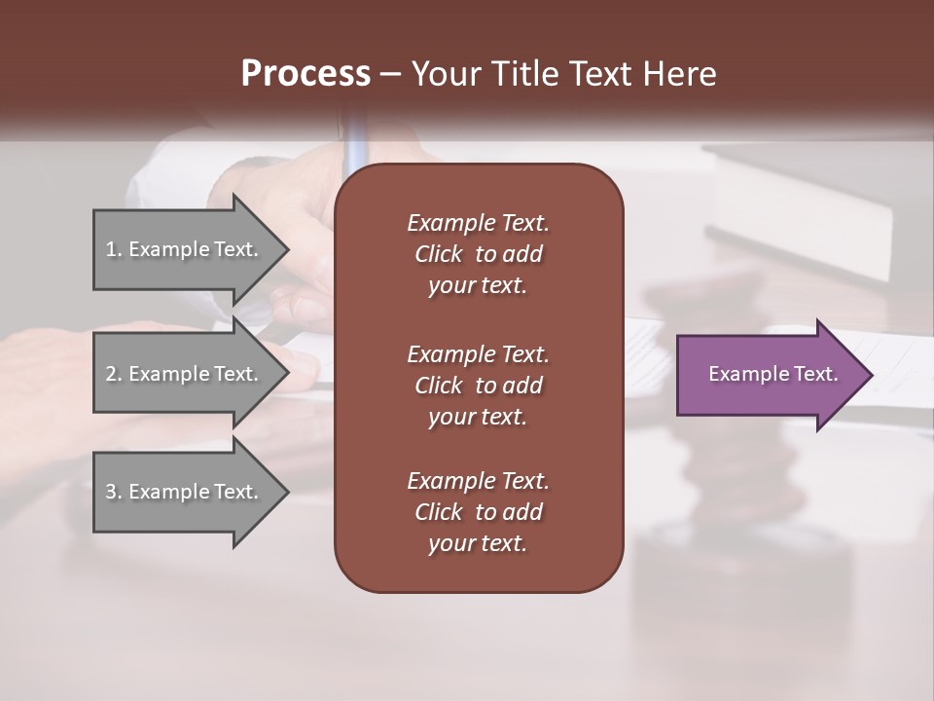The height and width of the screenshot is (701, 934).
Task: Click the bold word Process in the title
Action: (305, 74)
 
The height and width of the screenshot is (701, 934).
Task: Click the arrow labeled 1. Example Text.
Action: (185, 249)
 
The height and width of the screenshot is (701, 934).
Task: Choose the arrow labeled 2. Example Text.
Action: (185, 374)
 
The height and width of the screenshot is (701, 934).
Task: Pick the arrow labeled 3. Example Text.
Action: (185, 492)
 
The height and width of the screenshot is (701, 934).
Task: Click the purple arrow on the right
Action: (769, 375)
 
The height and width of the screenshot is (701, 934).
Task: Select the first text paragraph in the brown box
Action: (478, 254)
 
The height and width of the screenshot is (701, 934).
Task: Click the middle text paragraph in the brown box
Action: (478, 386)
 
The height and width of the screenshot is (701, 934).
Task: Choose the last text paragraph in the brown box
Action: (478, 512)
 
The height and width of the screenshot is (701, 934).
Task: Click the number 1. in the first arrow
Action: (114, 249)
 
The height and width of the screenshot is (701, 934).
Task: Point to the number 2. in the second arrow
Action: (114, 374)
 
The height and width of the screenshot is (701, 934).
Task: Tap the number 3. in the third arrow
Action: (114, 492)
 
